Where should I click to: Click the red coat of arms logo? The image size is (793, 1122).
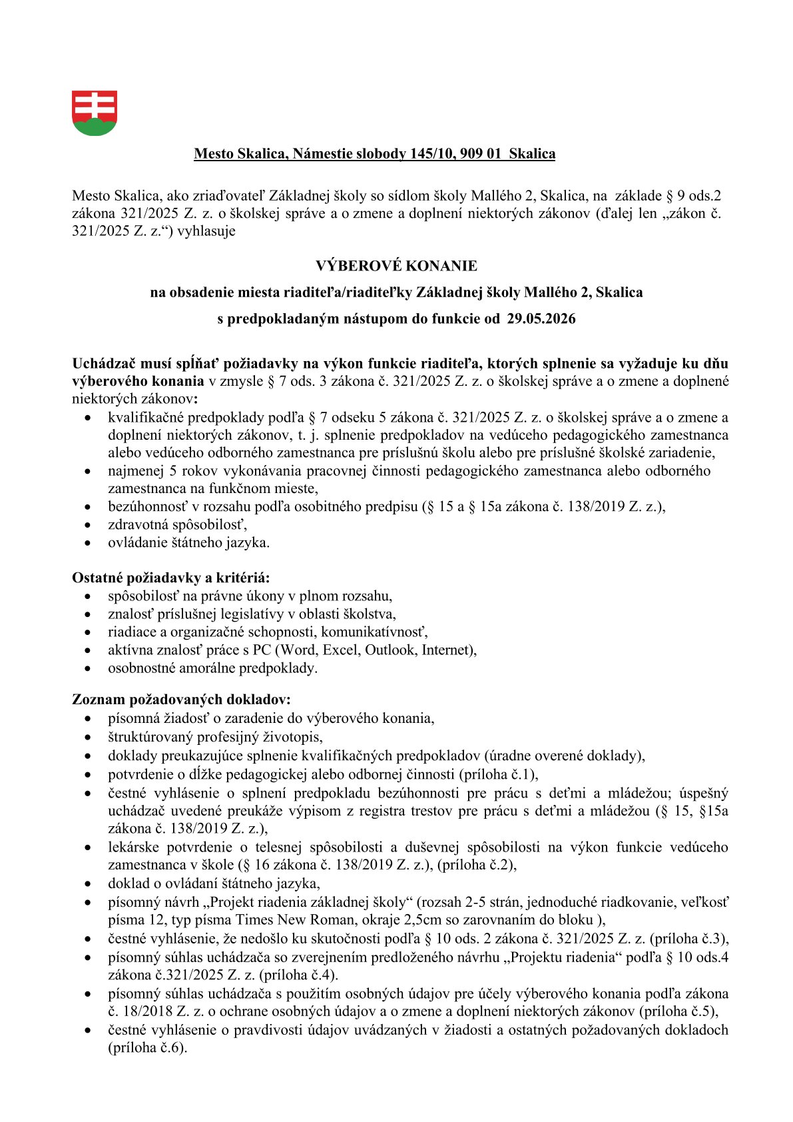95,113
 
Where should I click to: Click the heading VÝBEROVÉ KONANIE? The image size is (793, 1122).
396,266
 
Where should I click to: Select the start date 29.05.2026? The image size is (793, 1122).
541,318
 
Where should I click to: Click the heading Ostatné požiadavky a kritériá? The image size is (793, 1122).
170,578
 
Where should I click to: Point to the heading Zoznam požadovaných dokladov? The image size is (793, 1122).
181,700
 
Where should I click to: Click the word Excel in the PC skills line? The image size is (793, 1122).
341,650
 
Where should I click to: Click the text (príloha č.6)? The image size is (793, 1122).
147,1047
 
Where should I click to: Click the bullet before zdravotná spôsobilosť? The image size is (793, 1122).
89,525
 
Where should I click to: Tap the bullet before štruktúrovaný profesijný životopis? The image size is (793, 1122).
89,738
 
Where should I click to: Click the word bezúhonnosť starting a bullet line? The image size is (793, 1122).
146,506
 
